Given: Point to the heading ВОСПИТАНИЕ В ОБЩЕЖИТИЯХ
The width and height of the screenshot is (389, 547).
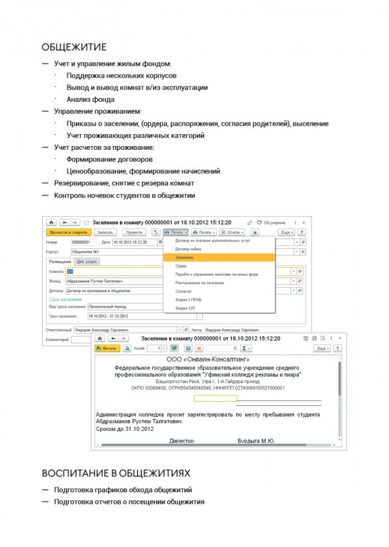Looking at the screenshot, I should (116, 472).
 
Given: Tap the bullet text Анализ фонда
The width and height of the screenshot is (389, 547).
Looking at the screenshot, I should (90, 100).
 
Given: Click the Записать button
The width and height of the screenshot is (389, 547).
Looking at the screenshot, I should (105, 232).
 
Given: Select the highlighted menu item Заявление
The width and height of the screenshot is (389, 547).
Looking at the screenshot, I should (185, 257).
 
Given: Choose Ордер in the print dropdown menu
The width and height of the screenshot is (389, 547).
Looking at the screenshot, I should (181, 266).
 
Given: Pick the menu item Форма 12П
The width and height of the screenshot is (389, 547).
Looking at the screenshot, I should (184, 309).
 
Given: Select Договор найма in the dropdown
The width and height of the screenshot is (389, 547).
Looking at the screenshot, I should (188, 249).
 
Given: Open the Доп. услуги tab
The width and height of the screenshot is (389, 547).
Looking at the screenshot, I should (87, 262).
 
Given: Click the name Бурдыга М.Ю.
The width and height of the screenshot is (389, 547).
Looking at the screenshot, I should (256, 440).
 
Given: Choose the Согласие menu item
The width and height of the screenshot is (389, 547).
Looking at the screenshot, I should (184, 292).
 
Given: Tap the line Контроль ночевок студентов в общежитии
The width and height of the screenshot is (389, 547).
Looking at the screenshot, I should (124, 195).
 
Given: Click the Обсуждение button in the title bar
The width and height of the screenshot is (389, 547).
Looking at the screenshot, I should (272, 223).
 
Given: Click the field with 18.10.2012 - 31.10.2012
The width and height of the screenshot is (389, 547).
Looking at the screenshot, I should (134, 316).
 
